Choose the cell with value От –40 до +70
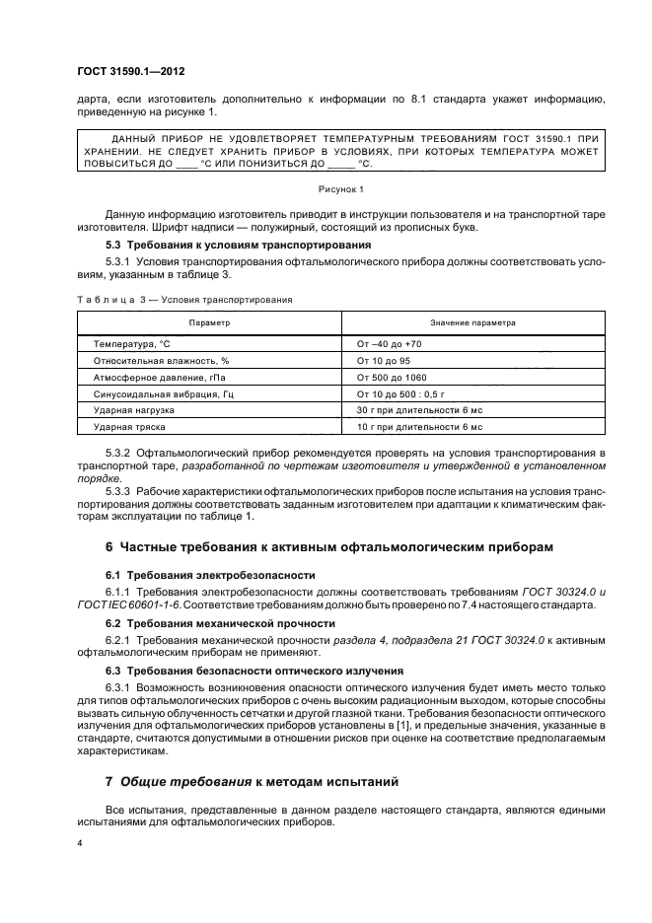coord(389,344)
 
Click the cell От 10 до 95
coord(382,361)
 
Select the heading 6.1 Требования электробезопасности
coord(210,575)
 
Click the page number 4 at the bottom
coord(79,844)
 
